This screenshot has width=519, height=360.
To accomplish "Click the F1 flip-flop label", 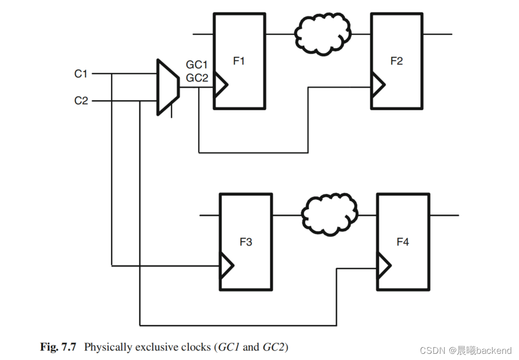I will (239, 61).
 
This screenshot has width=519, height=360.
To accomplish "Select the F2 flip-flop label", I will (396, 61).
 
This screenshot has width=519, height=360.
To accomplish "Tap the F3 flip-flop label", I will (245, 242).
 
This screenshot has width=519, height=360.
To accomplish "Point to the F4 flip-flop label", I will (402, 242).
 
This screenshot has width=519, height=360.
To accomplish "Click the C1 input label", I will (81, 74).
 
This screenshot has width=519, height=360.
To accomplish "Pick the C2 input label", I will (81, 101).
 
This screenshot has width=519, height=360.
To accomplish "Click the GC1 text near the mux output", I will (196, 65).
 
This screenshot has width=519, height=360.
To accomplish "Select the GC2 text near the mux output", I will (196, 78).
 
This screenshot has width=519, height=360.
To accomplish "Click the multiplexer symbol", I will (167, 87).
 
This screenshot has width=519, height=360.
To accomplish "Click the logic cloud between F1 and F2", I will (322, 34).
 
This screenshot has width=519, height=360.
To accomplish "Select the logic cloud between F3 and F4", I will (329, 214).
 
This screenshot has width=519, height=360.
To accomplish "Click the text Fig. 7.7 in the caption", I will (58, 347).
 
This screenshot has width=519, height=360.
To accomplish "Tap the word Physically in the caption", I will (108, 347).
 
